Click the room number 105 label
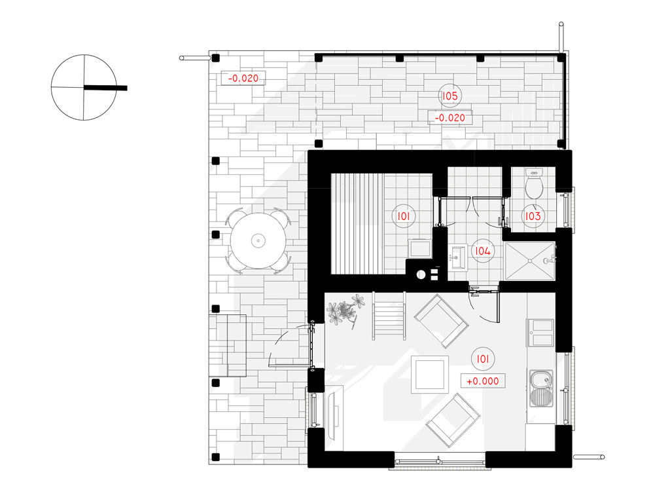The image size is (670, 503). (450, 96)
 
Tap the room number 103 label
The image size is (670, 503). (533, 216)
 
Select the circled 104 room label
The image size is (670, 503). (483, 251)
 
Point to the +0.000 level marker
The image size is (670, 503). (483, 381)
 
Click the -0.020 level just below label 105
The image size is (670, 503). (450, 118)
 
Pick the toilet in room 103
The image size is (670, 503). (534, 183)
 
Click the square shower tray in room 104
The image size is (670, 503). (530, 261)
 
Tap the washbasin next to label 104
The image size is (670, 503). (458, 258)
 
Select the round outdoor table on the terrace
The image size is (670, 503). (258, 241)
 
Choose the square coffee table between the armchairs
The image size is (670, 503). (430, 375)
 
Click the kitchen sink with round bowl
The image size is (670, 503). (541, 388)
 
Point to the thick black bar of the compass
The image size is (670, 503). (105, 88)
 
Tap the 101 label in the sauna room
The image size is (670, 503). (403, 216)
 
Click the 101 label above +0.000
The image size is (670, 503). (483, 359)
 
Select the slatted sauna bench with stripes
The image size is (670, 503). (358, 223)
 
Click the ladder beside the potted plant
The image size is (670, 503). (389, 316)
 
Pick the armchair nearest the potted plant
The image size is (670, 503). (441, 320)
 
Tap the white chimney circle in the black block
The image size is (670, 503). (421, 275)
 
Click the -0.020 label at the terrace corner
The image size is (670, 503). (243, 79)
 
